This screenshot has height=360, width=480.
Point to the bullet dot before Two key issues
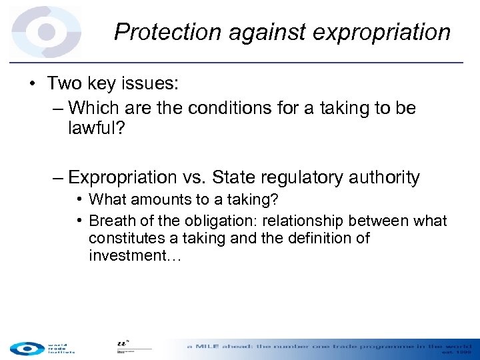33,83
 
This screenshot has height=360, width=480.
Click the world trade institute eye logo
26,347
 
